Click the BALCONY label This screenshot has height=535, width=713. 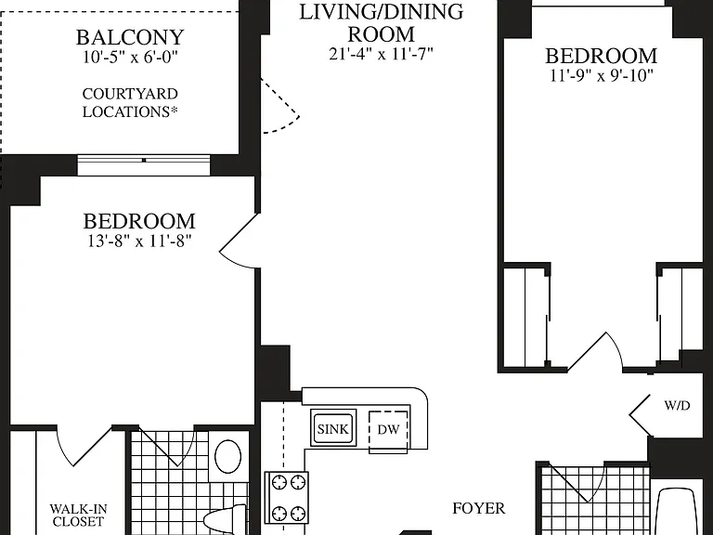(x=130, y=37)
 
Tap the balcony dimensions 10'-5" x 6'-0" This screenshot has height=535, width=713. (x=130, y=58)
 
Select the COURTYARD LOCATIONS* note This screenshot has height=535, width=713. (x=130, y=103)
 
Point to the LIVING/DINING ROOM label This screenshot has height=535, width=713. (x=381, y=22)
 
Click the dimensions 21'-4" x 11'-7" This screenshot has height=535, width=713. (x=381, y=54)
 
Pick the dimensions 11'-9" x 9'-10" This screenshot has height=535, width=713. (x=602, y=75)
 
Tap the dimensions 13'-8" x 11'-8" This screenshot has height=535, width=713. (x=139, y=241)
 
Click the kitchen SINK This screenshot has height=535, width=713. (x=333, y=428)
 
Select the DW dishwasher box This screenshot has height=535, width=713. (x=388, y=431)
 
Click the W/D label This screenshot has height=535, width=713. (x=677, y=405)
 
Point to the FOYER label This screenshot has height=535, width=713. (x=479, y=508)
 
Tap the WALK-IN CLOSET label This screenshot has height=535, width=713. (x=77, y=515)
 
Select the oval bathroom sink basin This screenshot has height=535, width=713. (x=227, y=457)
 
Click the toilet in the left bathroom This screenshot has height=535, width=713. (x=225, y=520)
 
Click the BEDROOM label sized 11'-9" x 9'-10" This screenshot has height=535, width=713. (x=602, y=56)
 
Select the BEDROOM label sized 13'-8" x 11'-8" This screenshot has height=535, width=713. (x=139, y=221)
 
